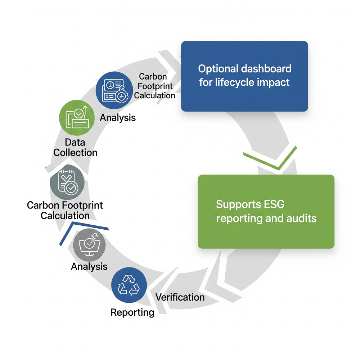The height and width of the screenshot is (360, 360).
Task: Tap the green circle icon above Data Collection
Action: click(77, 118)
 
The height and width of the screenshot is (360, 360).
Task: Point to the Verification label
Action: click(180, 297)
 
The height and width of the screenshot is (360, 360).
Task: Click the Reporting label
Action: click(132, 312)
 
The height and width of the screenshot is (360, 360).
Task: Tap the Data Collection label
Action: click(75, 148)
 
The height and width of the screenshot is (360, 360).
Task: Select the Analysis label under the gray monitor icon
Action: click(89, 266)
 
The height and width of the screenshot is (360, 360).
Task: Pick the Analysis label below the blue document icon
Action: click(118, 117)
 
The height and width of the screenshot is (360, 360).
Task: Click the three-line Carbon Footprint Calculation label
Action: click(154, 86)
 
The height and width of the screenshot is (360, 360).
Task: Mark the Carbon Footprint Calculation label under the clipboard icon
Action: click(65, 210)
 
